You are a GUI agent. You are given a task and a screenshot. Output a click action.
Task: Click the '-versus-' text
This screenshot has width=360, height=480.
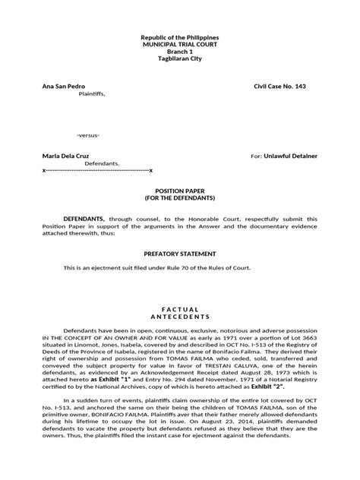click(88, 134)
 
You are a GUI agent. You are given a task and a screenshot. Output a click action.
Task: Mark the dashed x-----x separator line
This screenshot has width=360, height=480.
click(98, 171)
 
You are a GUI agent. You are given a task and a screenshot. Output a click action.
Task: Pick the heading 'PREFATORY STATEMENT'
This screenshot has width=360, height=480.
click(180, 252)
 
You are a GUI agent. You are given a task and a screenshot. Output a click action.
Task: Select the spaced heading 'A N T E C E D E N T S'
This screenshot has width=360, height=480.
click(180, 312)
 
